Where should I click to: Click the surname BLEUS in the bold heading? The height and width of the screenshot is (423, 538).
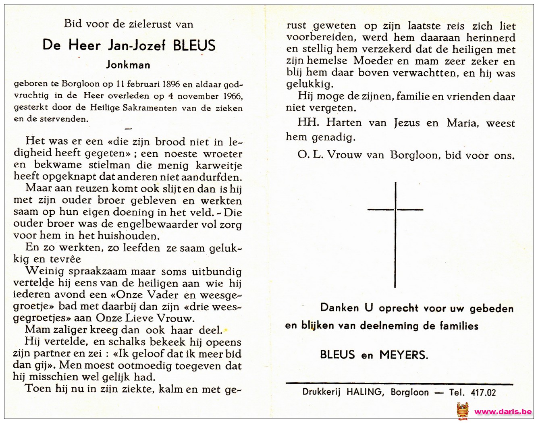coord(194,45)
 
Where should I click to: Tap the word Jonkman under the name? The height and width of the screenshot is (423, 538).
coord(128,64)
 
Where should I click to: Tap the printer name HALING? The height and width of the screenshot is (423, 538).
coord(365,392)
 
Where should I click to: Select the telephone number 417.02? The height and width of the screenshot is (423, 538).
coord(483,392)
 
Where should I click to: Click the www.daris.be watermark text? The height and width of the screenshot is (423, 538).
coord(503,411)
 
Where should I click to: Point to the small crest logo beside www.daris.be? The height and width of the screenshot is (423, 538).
coord(463,411)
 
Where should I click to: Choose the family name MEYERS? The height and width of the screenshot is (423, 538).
coord(403,355)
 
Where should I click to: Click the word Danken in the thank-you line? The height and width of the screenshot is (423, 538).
coord(339,308)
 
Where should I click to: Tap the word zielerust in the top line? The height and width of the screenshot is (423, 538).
coord(151,24)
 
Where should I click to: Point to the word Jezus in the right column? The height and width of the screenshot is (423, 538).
coord(407,123)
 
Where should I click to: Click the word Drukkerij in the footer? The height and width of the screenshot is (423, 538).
coord(322,392)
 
